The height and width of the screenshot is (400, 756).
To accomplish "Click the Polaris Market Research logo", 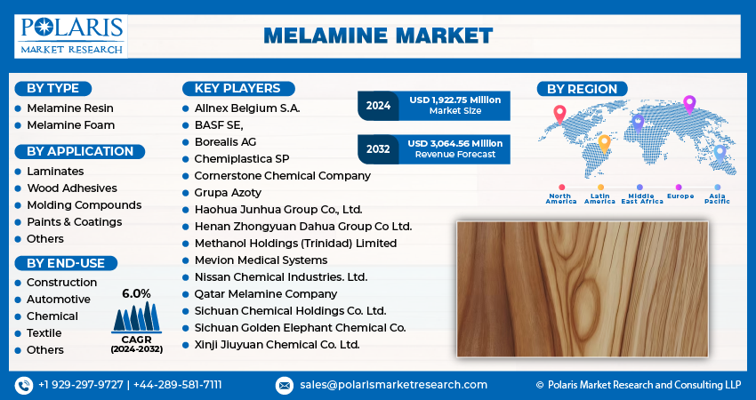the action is click(x=71, y=36).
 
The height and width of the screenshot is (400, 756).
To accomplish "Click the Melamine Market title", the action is click(x=379, y=36).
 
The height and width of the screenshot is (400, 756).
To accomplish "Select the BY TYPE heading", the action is click(x=53, y=89).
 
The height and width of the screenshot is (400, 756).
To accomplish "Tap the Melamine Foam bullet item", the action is click(x=71, y=125).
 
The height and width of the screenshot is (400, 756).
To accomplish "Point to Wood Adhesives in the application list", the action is click(x=72, y=188).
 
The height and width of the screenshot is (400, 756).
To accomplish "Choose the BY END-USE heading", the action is click(x=66, y=263).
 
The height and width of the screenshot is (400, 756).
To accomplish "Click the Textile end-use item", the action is click(x=44, y=333).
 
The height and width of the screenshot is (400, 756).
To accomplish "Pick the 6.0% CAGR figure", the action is click(x=136, y=293).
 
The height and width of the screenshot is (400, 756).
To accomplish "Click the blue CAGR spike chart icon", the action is click(x=136, y=317).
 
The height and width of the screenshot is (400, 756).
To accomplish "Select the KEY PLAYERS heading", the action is click(x=238, y=89).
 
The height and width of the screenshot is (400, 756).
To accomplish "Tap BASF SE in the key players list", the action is click(x=219, y=125).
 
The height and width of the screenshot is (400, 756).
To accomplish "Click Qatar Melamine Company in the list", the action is click(x=266, y=294).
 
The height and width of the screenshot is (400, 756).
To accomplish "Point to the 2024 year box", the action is click(x=378, y=106).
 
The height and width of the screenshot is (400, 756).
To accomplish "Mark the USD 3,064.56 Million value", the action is click(x=455, y=144).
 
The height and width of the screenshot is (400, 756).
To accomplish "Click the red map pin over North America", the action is click(x=559, y=115).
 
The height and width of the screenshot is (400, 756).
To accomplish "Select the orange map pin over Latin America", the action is click(x=604, y=144).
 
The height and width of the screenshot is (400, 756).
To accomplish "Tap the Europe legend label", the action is click(x=680, y=196).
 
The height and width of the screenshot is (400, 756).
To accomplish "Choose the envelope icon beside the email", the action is click(x=284, y=386).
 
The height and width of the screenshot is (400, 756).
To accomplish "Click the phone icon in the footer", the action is click(x=24, y=386).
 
